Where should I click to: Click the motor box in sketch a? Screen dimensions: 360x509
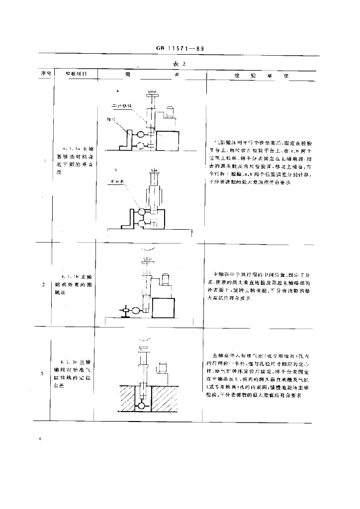click(170, 112)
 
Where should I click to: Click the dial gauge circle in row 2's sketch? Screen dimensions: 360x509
click(134, 311)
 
